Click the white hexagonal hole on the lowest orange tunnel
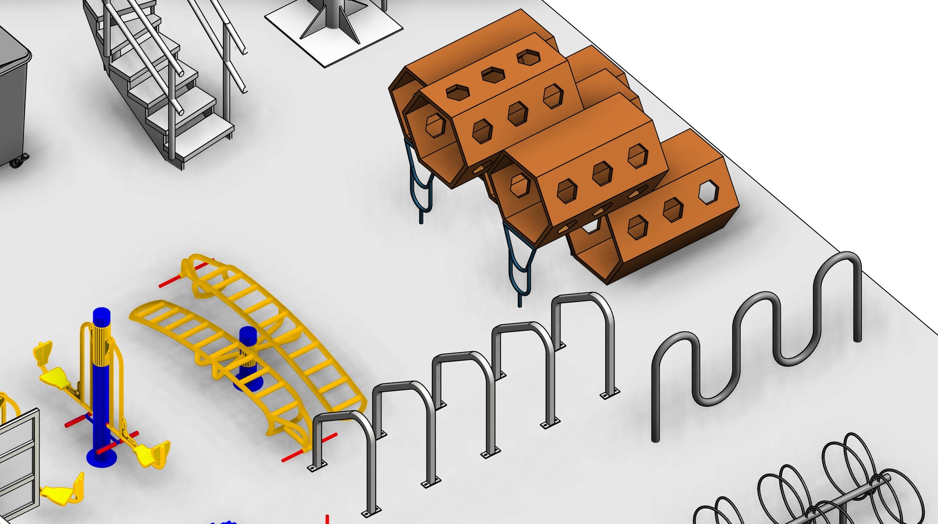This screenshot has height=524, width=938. coord(708,191)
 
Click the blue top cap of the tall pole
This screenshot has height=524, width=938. coord(102,314)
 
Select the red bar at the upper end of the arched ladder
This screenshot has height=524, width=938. coord(171,281)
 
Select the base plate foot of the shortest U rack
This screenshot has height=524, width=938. coord(317,467)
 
